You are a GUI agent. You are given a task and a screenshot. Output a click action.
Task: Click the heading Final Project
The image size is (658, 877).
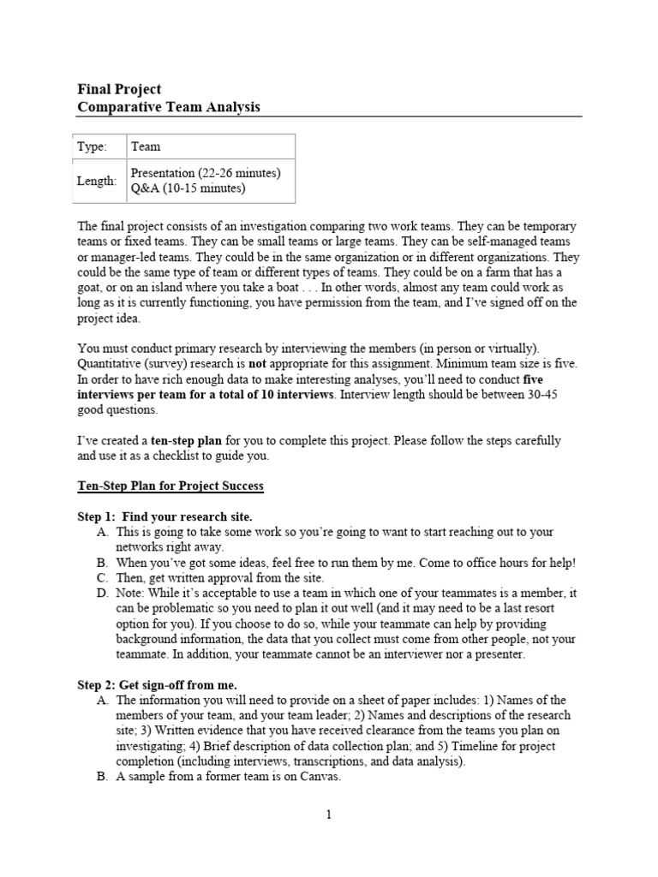pos(119,89)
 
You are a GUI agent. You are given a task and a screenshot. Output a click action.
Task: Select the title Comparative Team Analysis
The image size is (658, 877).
pos(169,107)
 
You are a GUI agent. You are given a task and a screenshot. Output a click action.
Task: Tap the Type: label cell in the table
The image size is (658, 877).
pos(93,147)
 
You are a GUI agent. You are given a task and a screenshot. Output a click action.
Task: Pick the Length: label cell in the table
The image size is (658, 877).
pos(97,181)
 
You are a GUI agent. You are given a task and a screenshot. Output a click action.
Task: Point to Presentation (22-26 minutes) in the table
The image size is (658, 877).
pos(205,172)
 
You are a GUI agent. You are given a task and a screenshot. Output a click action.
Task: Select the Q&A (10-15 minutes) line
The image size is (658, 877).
pos(188,188)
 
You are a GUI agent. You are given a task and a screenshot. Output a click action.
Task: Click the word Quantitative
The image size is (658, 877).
pos(111,363)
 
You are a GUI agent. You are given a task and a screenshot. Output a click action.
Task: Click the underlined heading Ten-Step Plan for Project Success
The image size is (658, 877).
pos(170,486)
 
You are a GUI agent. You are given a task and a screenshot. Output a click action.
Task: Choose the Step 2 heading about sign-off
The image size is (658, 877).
pos(157,684)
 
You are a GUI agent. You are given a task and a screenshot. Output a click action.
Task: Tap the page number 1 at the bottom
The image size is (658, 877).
pos(328,815)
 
